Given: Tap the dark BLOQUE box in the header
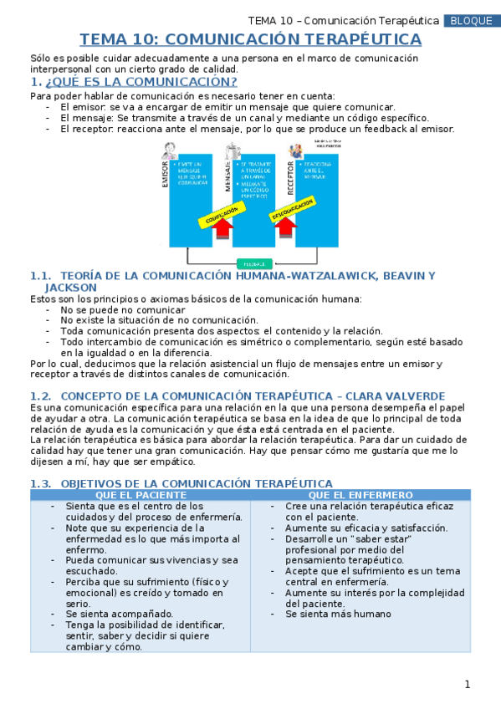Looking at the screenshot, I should tap(470, 21).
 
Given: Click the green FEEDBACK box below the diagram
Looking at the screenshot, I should tap(255, 263).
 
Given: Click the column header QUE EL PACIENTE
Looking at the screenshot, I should tap(140, 495).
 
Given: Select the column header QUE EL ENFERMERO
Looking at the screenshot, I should tap(360, 495).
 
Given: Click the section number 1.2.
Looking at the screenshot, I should tap(41, 395).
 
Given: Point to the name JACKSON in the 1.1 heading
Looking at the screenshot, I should tap(71, 287).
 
